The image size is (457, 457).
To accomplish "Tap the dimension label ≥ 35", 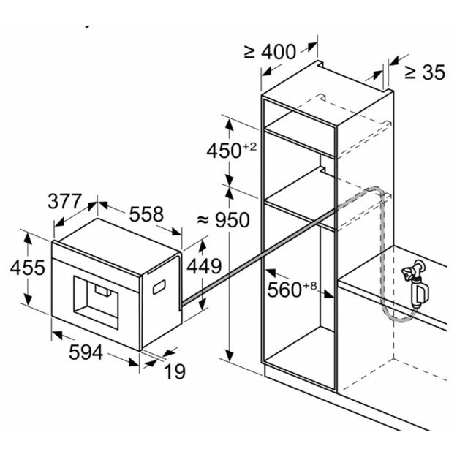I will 424,72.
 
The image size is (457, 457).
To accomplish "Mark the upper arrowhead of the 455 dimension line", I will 27,235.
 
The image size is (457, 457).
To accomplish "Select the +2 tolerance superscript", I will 250,146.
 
